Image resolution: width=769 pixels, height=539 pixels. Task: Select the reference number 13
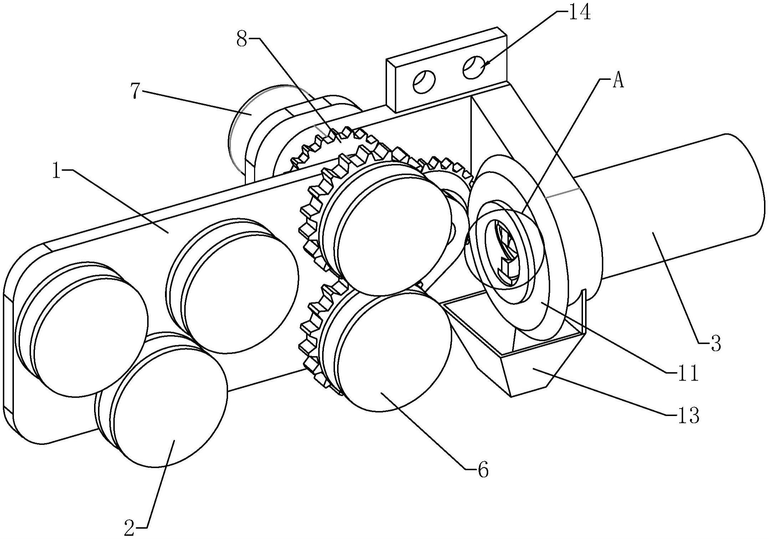(x=689, y=415)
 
